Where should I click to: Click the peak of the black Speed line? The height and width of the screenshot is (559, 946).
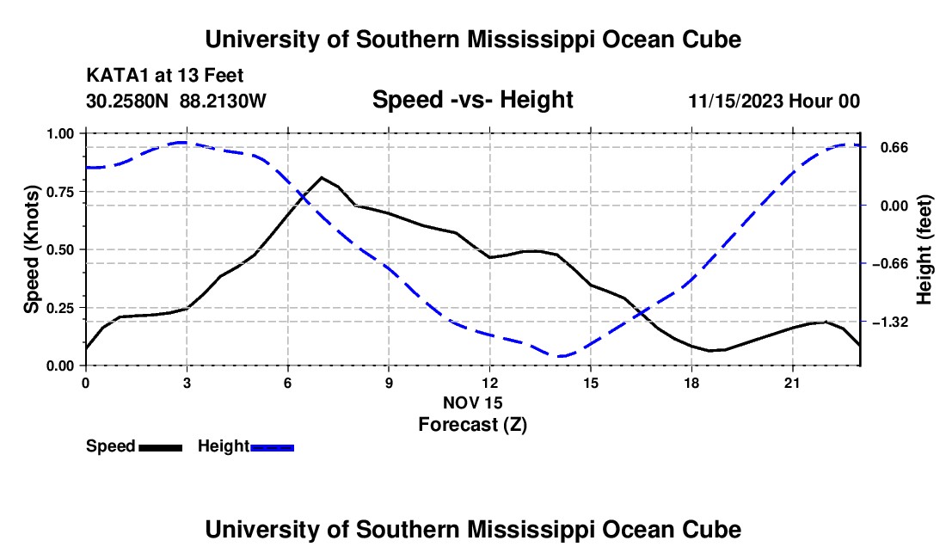pos(322,177)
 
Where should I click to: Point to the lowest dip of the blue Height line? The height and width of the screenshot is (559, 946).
pos(561,356)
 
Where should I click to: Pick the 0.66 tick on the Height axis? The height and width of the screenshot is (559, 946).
pos(894,148)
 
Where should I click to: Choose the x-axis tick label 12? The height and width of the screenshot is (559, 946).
pos(490,383)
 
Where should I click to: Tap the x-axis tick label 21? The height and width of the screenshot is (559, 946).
pos(792,383)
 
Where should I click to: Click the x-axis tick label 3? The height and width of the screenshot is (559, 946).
pos(187,383)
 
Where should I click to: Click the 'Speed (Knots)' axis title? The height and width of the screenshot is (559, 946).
pos(31,249)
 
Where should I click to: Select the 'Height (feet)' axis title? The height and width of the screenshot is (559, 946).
pos(924,249)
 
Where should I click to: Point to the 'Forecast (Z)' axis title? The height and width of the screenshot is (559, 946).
pos(473,425)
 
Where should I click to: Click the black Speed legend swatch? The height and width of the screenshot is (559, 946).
pos(161,448)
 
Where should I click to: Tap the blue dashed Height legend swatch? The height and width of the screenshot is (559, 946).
pos(272,448)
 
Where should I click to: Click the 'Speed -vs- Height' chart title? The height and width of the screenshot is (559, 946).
pos(472,100)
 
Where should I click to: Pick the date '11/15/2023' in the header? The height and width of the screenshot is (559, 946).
pos(736,101)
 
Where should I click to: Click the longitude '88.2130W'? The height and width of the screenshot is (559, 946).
pos(223,101)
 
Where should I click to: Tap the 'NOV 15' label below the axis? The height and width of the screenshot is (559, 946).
pos(473,402)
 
